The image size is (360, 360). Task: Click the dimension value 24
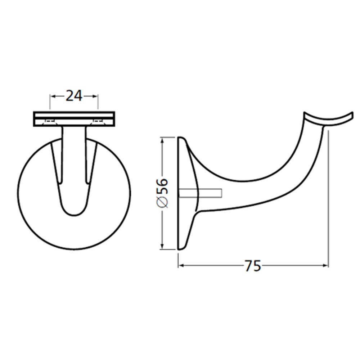point(74,96)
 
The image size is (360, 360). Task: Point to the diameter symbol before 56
point(163,203)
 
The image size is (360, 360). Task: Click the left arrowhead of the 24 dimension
point(52,96)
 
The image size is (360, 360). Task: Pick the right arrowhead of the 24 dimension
point(96,96)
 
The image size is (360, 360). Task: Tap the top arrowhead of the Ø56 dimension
point(163,139)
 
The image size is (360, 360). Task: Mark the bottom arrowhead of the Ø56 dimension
point(163,247)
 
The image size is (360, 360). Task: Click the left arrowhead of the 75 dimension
point(181,266)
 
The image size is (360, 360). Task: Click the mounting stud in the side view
point(209,193)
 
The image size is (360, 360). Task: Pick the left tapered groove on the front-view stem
point(57,162)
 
